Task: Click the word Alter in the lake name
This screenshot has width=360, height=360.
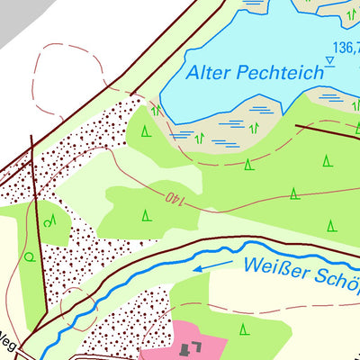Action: [207, 74]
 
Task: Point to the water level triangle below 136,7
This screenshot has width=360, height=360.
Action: [330, 61]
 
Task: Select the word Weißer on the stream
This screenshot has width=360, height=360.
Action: [271, 267]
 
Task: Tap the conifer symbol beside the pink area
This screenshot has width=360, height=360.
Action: [243, 330]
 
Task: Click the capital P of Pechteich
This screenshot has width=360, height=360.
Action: [240, 73]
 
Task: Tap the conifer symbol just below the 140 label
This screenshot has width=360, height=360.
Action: [146, 214]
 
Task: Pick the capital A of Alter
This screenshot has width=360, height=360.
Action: [191, 75]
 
